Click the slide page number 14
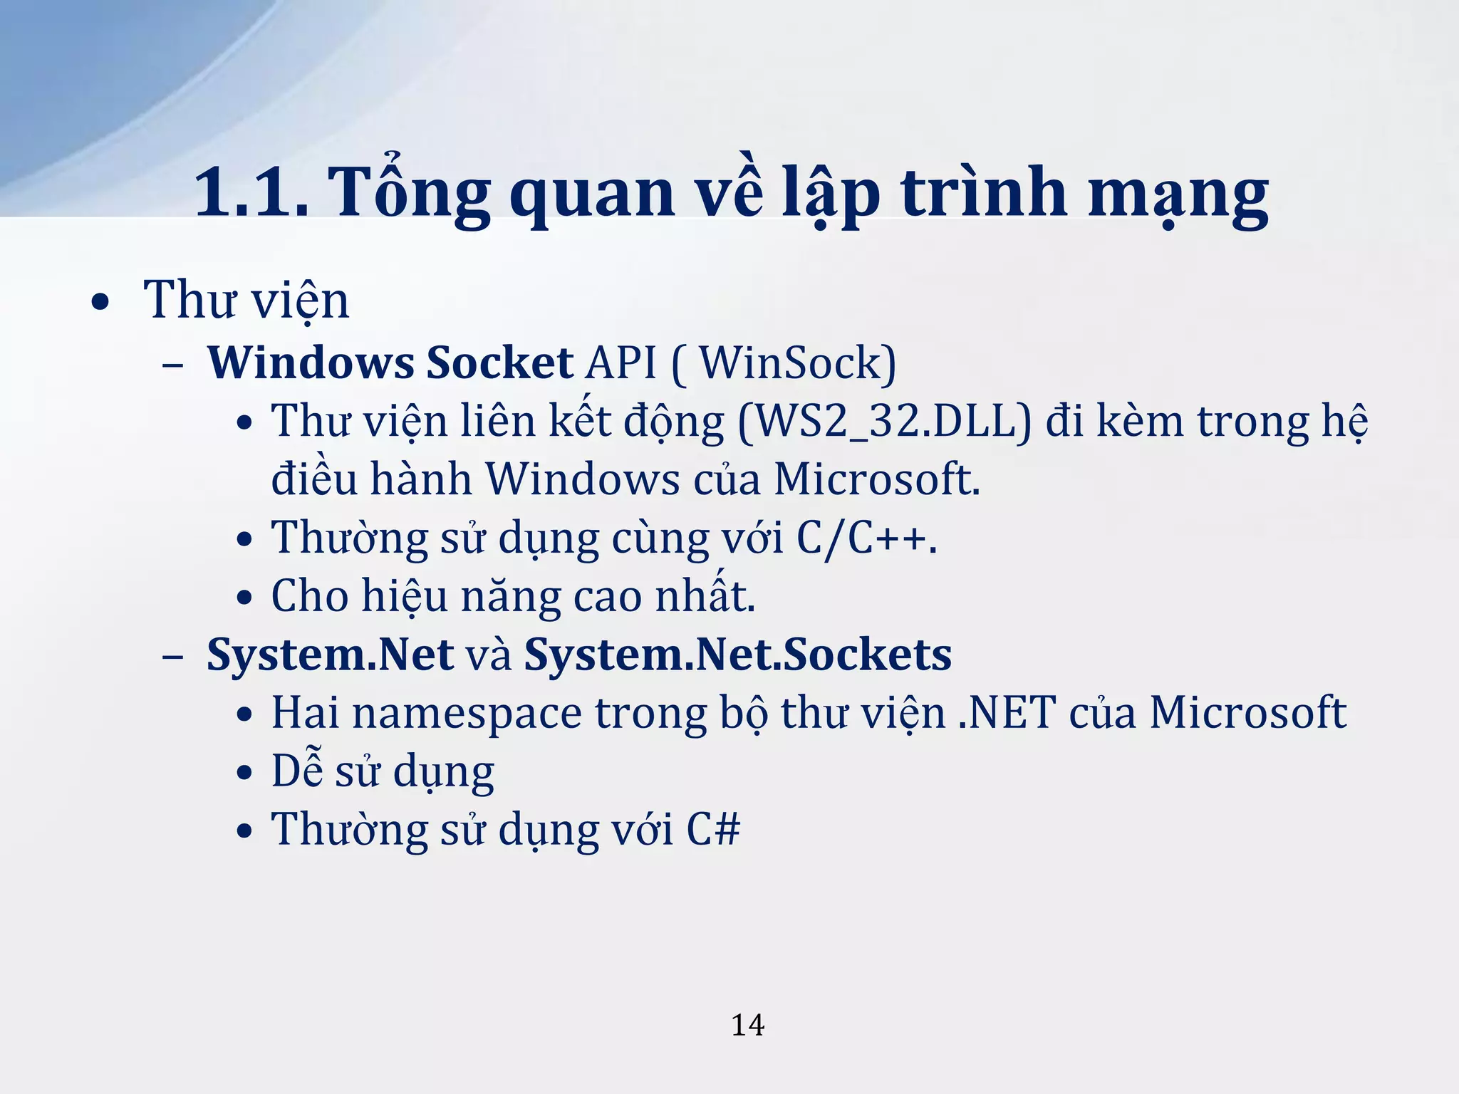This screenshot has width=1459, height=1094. coord(747,1025)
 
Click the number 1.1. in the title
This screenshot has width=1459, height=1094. coord(251,192)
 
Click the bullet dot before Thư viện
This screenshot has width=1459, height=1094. coord(100,302)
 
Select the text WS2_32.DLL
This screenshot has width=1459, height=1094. coord(883,421)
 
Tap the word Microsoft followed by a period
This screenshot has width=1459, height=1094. coord(876,479)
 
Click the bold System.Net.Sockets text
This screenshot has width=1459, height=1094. coord(737,655)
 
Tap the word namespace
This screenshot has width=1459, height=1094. coord(467,714)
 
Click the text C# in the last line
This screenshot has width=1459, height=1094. coord(713,829)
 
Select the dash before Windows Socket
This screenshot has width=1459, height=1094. coord(172,365)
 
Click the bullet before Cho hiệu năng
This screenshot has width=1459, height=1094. coord(244,598)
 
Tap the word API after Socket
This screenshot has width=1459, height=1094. coord(620,363)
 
